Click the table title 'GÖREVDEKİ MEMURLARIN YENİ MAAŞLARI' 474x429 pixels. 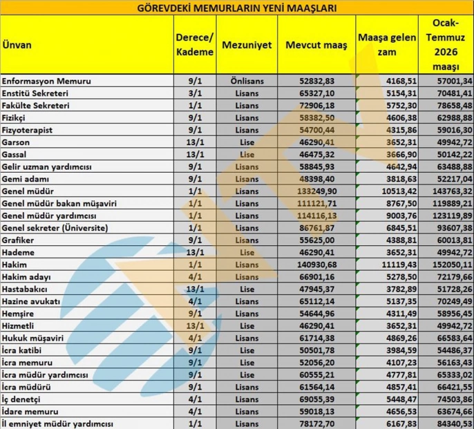coord(237,8)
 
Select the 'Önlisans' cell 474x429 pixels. coord(247,81)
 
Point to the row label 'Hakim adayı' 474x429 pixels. coord(28,277)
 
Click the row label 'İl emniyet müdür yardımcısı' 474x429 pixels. coord(57,423)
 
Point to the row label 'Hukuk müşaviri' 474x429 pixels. coord(34,339)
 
